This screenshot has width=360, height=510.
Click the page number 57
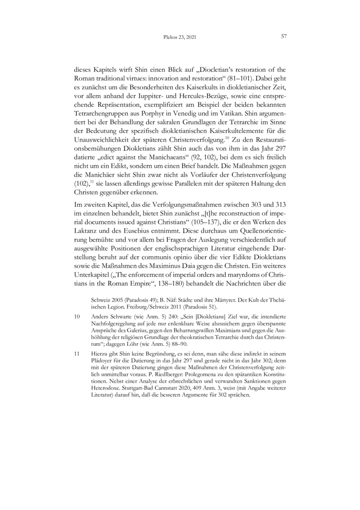pyautogui.click(x=284, y=37)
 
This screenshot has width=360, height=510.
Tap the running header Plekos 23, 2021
pyautogui.click(x=180, y=37)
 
